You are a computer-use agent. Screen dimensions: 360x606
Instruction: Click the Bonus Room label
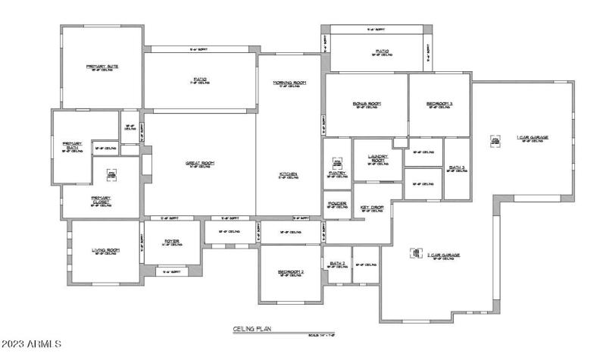point(366,103)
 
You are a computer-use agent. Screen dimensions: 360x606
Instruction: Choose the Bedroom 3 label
point(439,103)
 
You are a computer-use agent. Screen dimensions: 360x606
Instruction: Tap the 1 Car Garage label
point(533,137)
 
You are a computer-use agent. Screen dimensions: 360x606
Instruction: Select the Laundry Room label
point(377,159)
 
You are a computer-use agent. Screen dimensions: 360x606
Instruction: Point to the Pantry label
point(338,173)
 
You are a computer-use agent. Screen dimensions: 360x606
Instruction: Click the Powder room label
point(338,203)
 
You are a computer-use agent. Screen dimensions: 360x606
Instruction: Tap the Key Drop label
point(372,206)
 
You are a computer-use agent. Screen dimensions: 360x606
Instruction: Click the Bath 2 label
point(338,263)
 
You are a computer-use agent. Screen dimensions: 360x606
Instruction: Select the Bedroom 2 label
point(290,271)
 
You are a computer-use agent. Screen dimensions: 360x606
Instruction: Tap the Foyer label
point(172,242)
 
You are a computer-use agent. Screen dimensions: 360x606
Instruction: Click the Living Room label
point(105,249)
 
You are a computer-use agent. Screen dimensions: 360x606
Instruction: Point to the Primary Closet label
point(101,201)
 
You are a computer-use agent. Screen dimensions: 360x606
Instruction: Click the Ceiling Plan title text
point(251,329)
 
